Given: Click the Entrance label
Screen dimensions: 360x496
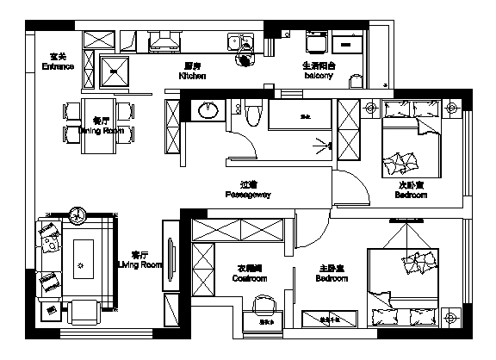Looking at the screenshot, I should [x=58, y=66].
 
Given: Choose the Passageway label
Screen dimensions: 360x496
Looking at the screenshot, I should [x=248, y=196].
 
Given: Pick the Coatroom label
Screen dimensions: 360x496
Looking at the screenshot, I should [x=250, y=279].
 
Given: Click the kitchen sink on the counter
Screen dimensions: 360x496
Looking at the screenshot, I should [x=235, y=41].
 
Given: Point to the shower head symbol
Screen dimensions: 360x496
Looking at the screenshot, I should [x=325, y=145].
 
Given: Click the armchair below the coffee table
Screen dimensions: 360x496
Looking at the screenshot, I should [x=84, y=309].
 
